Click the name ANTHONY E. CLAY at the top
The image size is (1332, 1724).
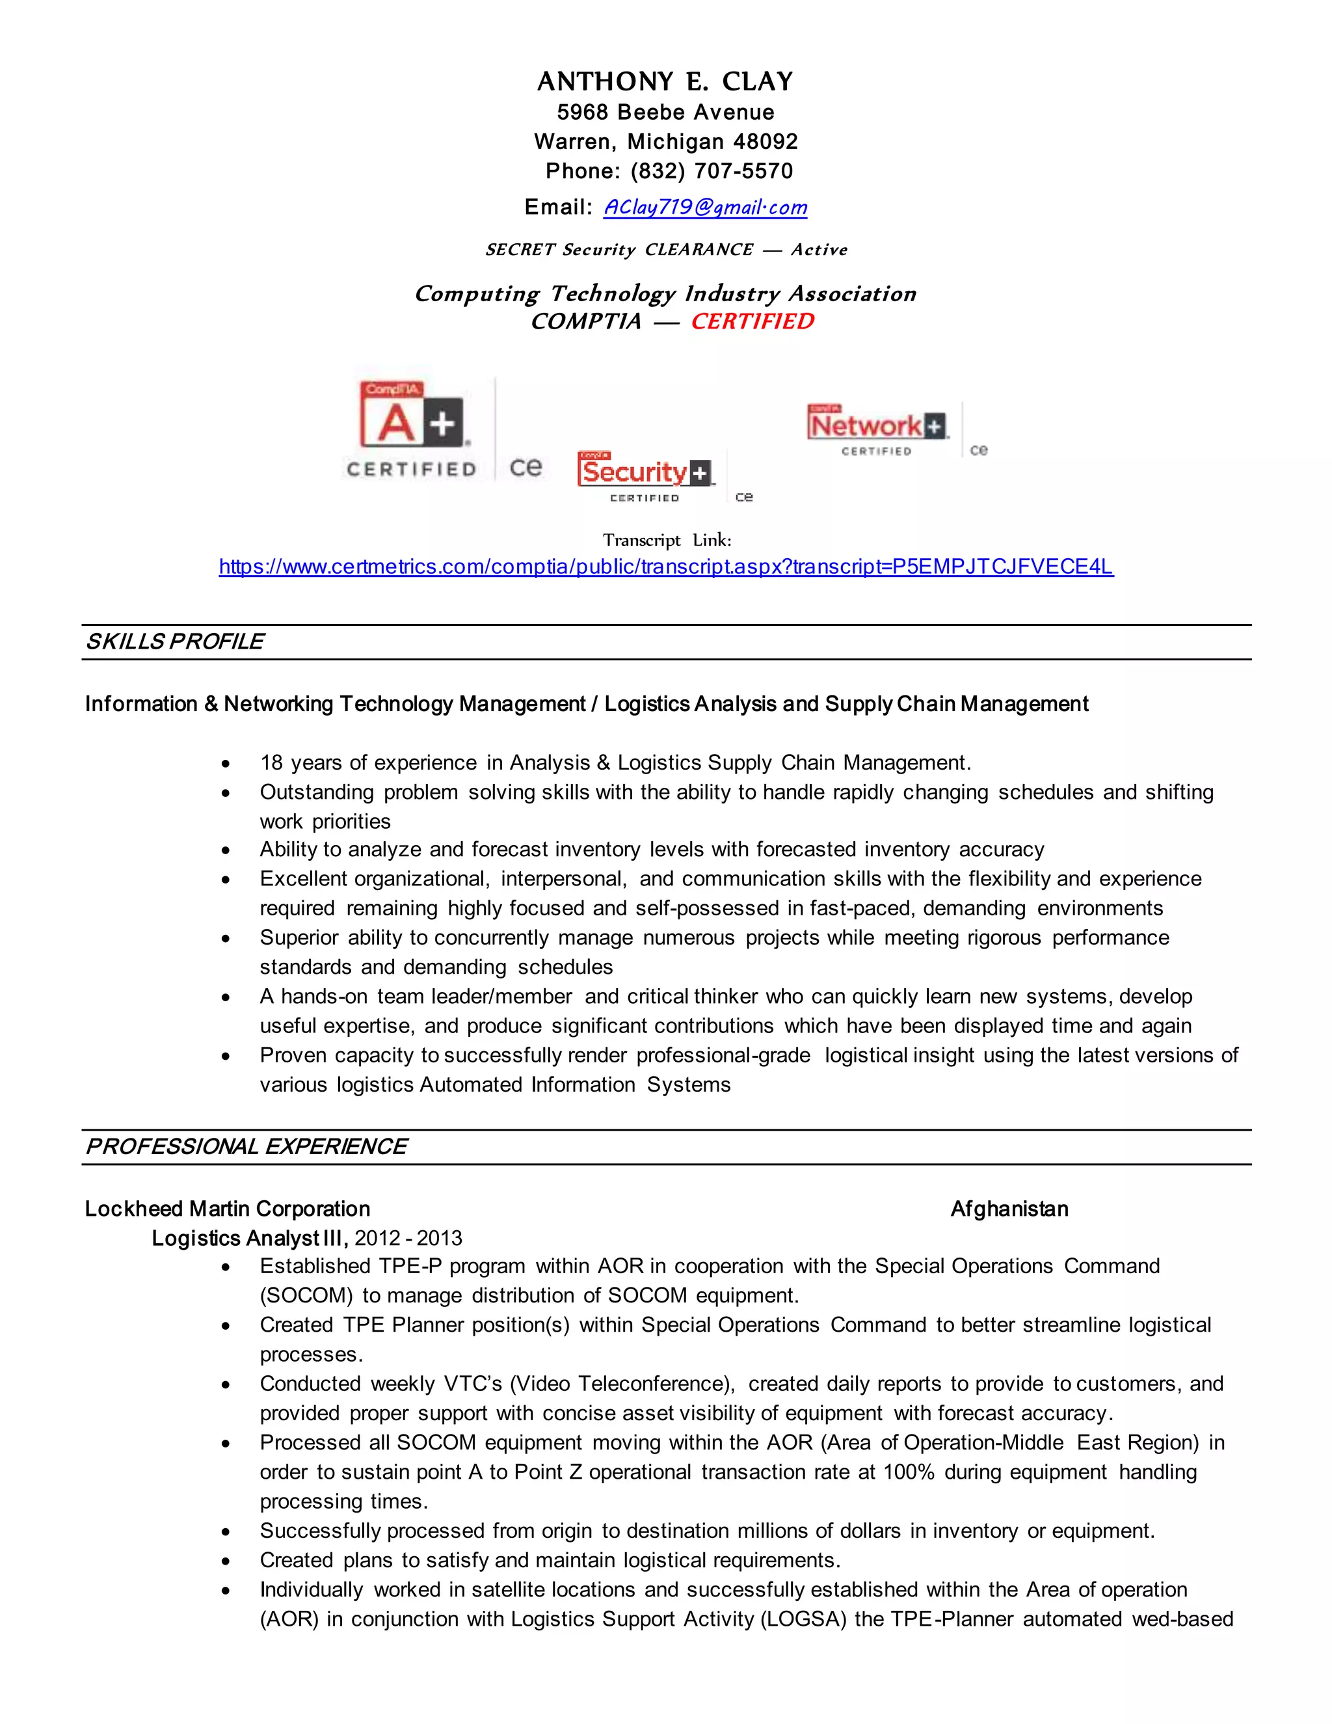pyautogui.click(x=665, y=81)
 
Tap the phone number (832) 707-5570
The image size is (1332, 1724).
pyautogui.click(x=711, y=171)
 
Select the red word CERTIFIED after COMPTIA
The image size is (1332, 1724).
pyautogui.click(x=752, y=321)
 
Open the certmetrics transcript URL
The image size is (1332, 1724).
pyautogui.click(x=665, y=567)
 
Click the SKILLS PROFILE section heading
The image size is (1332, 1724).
pyautogui.click(x=174, y=641)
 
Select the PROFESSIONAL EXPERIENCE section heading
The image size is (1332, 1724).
pyautogui.click(x=246, y=1147)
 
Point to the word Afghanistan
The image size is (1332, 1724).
pyautogui.click(x=1009, y=1209)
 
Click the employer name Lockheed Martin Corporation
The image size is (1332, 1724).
pyautogui.click(x=227, y=1209)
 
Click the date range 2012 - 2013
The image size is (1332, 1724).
pyautogui.click(x=408, y=1239)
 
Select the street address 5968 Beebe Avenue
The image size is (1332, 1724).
pyautogui.click(x=665, y=112)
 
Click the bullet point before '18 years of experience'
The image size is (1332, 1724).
pyautogui.click(x=226, y=764)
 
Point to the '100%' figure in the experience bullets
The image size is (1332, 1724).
pyautogui.click(x=908, y=1472)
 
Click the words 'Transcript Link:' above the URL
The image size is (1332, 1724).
pyautogui.click(x=667, y=541)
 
